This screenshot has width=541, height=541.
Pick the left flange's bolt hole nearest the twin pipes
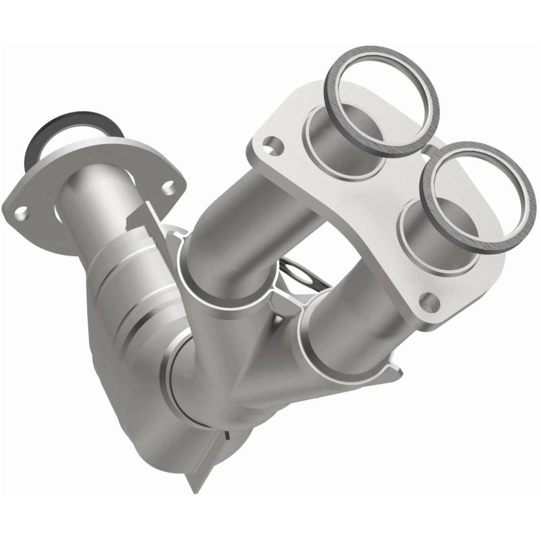(169, 183)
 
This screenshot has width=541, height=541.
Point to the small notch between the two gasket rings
(428, 145)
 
